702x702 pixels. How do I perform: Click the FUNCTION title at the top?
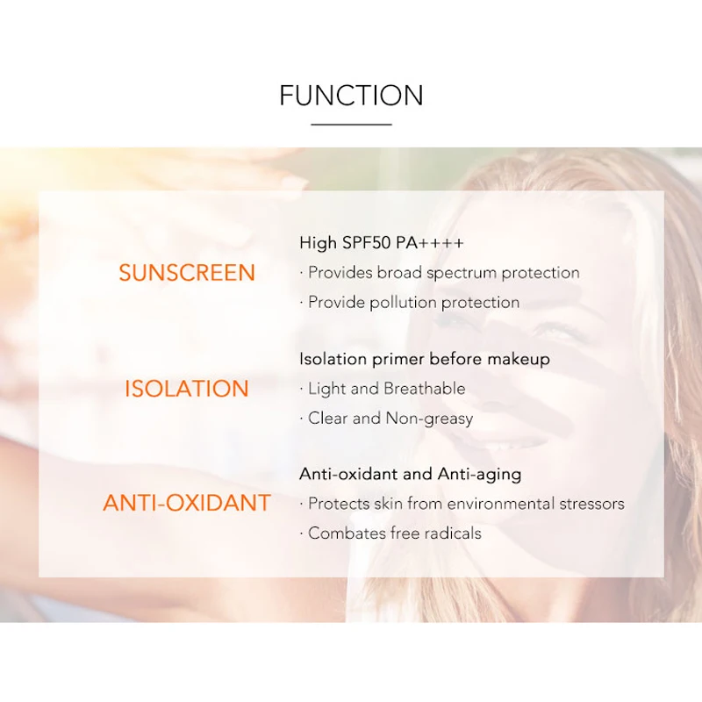[352, 95]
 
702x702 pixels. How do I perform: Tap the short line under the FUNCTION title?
[352, 125]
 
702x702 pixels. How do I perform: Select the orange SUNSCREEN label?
[187, 273]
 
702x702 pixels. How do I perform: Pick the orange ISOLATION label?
[187, 388]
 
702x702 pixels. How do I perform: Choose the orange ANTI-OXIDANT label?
[187, 503]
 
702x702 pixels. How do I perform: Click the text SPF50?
[367, 243]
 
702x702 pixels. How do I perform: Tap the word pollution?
[403, 302]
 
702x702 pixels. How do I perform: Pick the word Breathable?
[425, 389]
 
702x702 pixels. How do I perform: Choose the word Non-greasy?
[429, 419]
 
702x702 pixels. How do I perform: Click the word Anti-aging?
[479, 474]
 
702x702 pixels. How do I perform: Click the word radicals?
[453, 534]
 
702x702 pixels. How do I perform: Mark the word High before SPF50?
[318, 243]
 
